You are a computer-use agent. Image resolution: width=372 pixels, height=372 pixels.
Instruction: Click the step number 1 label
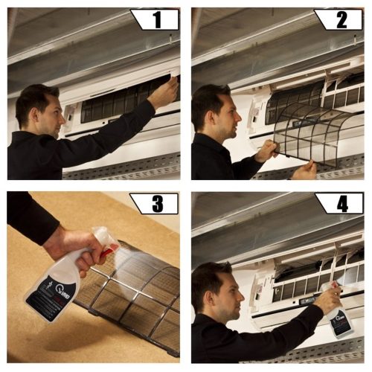pyautogui.click(x=155, y=19)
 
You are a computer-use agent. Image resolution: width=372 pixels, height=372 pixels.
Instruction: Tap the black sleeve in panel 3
pyautogui.click(x=30, y=216)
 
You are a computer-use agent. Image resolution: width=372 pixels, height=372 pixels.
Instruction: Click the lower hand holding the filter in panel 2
pyautogui.click(x=304, y=170)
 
